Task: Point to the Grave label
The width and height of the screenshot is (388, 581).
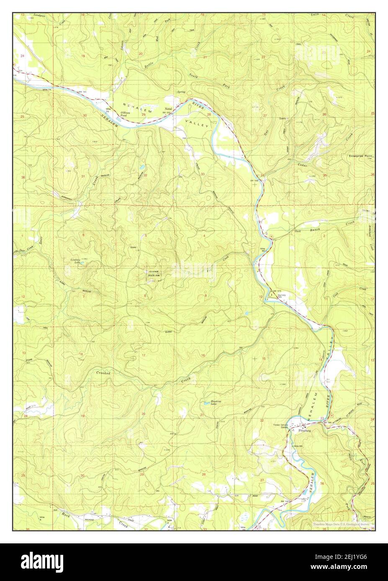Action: (134, 247)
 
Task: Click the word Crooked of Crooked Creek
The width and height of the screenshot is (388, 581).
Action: (103, 372)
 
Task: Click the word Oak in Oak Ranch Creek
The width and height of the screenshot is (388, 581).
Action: (298, 231)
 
